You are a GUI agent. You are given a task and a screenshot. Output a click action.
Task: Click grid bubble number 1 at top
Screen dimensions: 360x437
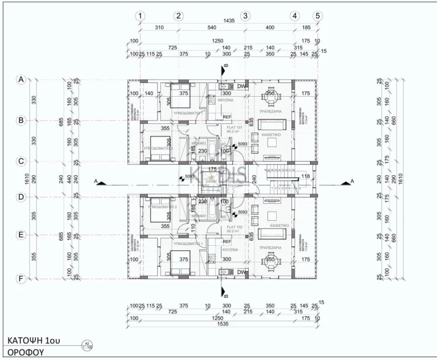point(141,16)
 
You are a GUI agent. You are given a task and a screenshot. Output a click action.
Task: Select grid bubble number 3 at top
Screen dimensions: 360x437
point(245,16)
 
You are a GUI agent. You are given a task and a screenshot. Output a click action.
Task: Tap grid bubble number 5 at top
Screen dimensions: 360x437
point(318,16)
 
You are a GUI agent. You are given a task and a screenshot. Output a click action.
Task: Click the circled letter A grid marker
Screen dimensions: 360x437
point(22,80)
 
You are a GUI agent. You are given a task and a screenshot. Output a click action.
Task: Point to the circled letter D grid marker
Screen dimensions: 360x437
point(22,197)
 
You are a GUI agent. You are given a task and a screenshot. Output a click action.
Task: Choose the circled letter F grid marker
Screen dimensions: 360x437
point(22,279)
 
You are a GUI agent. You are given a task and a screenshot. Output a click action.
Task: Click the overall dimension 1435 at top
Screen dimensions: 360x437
point(229,20)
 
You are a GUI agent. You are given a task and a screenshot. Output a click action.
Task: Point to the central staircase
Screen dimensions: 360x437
point(282,180)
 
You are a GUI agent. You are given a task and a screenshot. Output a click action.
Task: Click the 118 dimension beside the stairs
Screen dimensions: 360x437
point(305,176)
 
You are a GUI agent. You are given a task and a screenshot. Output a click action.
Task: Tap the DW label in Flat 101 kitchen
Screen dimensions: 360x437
point(241,86)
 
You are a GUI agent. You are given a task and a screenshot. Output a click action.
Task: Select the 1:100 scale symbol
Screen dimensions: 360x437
point(87,345)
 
